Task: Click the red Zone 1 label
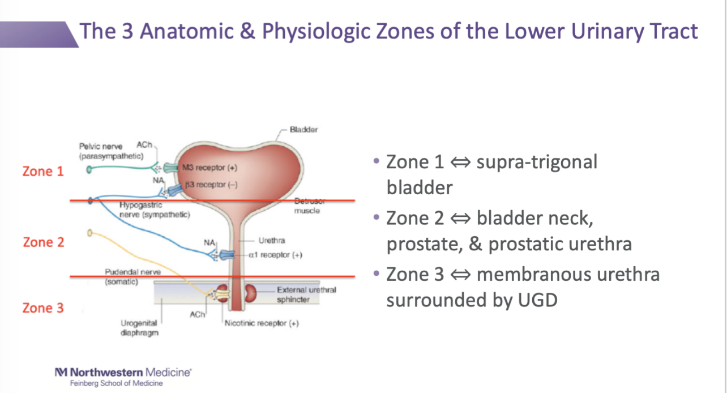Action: [x=43, y=171]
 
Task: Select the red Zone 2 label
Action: [x=44, y=242]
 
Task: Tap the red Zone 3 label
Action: [x=43, y=308]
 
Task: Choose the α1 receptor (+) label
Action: [x=275, y=255]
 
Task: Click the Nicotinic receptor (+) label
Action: [x=262, y=323]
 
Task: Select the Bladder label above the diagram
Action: [x=303, y=130]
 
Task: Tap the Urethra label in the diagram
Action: [x=272, y=241]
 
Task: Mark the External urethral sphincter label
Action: [x=306, y=294]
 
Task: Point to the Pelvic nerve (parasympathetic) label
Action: [x=110, y=151]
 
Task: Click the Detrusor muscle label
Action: [x=307, y=207]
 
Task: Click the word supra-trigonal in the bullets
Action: [x=537, y=163]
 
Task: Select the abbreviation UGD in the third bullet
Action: [x=537, y=300]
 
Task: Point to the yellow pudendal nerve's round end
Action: [x=89, y=233]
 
